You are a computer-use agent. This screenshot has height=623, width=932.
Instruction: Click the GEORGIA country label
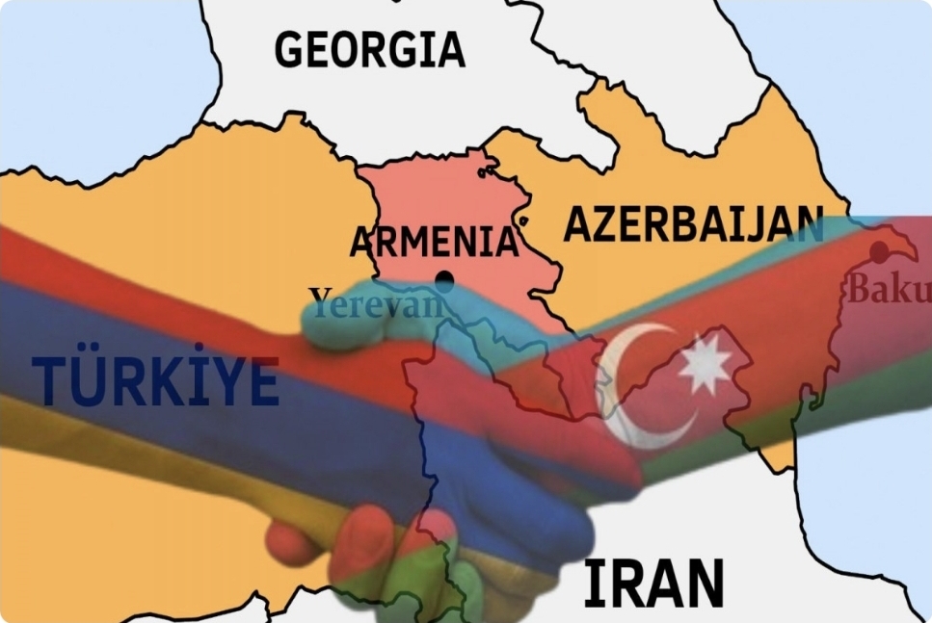coord(369,49)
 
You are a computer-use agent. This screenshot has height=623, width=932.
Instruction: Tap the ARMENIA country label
coord(434,242)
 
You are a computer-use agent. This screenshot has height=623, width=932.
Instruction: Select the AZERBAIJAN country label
coord(692,224)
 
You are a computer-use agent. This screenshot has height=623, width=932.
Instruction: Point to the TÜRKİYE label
coord(155,380)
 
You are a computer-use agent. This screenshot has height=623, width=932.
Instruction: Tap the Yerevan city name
coord(377,302)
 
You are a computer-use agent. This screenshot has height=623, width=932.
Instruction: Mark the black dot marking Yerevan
coord(443,280)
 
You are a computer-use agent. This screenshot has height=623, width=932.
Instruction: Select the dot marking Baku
coord(879,252)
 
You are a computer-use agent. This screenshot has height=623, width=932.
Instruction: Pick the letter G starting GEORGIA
coord(292,49)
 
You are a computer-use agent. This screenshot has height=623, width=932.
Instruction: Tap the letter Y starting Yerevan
coord(320,300)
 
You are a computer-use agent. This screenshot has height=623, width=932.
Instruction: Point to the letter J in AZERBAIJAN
coord(755,225)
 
